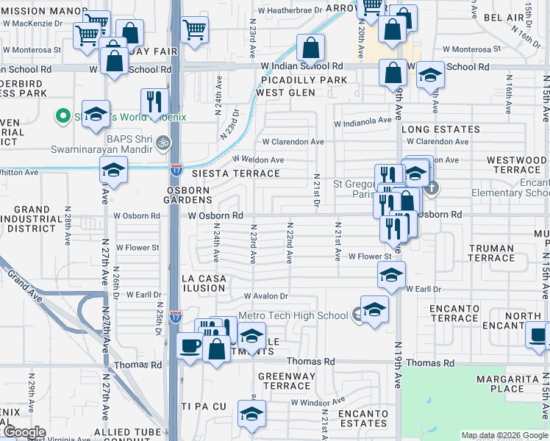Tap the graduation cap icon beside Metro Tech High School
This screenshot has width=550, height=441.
click(x=374, y=309)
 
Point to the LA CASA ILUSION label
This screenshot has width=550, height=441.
click(x=204, y=283)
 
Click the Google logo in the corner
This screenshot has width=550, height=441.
click(x=24, y=432)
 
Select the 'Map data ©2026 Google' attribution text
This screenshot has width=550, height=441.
click(x=504, y=435)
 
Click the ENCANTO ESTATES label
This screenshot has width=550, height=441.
click(x=362, y=418)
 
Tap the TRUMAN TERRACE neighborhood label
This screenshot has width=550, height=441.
click(x=492, y=253)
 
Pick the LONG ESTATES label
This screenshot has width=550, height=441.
click(x=440, y=129)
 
